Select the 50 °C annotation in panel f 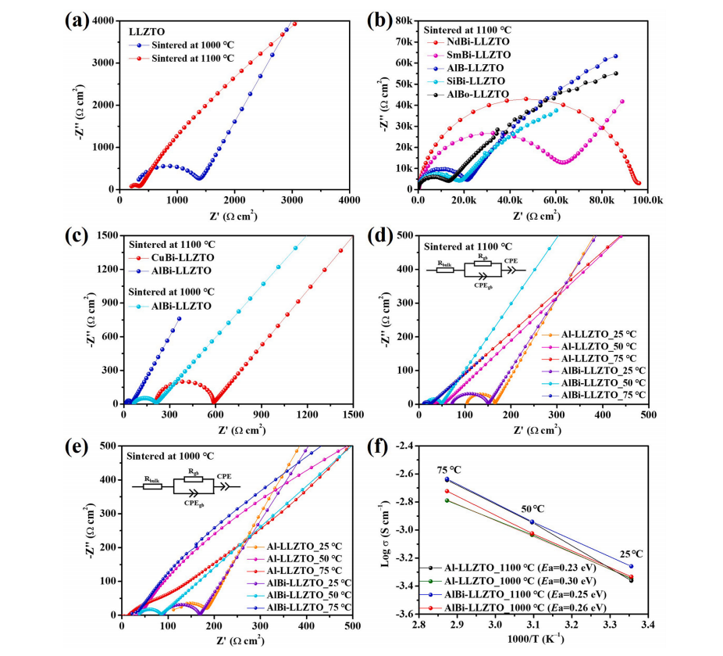point(536,509)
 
